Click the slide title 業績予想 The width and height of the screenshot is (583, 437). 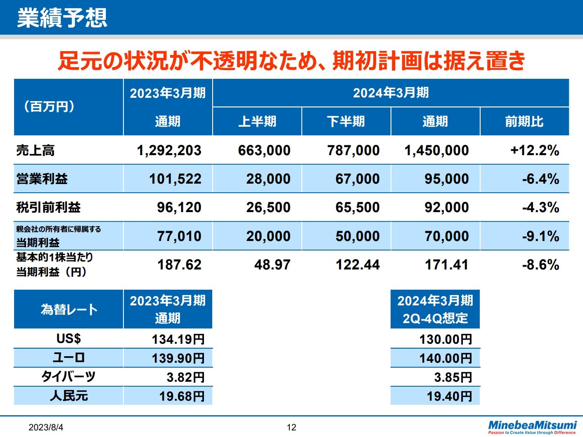point(62,18)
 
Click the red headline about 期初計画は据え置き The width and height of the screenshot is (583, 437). point(291,61)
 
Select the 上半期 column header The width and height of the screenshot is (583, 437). point(257,121)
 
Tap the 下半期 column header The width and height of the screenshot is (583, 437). point(346,121)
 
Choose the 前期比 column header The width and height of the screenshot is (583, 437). point(524,121)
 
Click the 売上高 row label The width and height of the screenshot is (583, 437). point(36,150)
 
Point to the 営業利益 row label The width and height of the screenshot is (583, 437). point(42,179)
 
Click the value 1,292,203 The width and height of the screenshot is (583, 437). point(169,150)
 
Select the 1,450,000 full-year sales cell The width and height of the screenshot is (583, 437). point(436,150)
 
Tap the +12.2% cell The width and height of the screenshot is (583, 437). point(535,150)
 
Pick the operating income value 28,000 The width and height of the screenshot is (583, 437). point(268,179)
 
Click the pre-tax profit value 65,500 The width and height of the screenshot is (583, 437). point(358,207)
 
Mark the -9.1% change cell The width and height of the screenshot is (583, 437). point(540,236)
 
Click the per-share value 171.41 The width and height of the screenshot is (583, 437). point(447,265)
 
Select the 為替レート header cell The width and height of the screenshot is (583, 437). point(69,309)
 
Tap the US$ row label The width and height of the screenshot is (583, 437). point(69,338)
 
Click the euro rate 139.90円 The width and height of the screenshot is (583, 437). point(178,358)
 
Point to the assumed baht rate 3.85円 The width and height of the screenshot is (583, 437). point(453,377)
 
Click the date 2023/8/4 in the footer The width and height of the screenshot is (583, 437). point(46,428)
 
